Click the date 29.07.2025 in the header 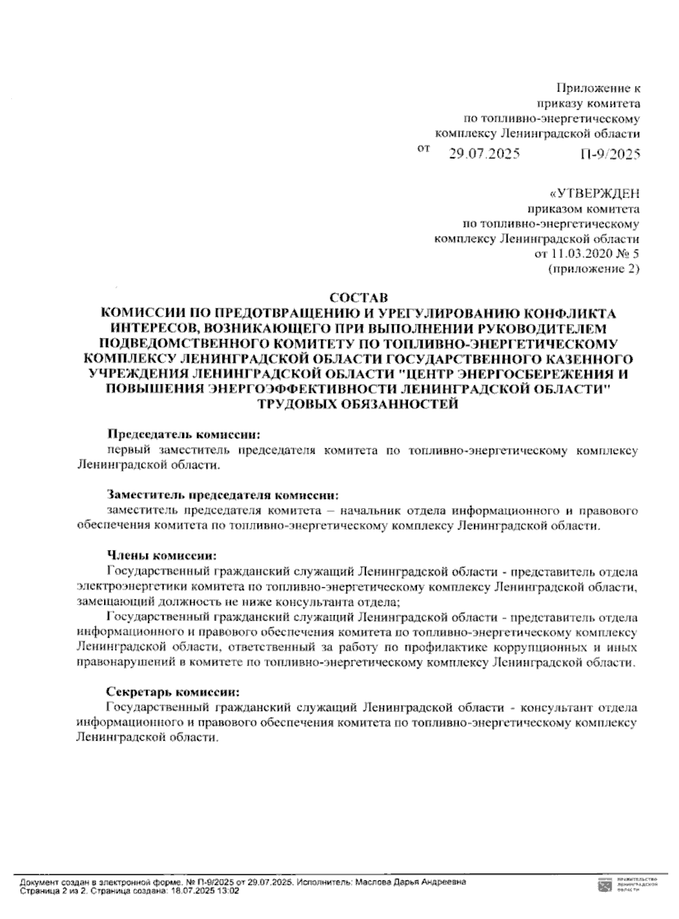click(x=484, y=154)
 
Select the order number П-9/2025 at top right click(x=609, y=154)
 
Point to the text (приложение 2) click(x=594, y=269)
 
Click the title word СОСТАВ click(x=358, y=298)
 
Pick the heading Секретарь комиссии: click(x=173, y=692)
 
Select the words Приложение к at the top click(x=598, y=88)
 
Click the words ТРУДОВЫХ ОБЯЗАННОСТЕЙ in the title click(x=358, y=405)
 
